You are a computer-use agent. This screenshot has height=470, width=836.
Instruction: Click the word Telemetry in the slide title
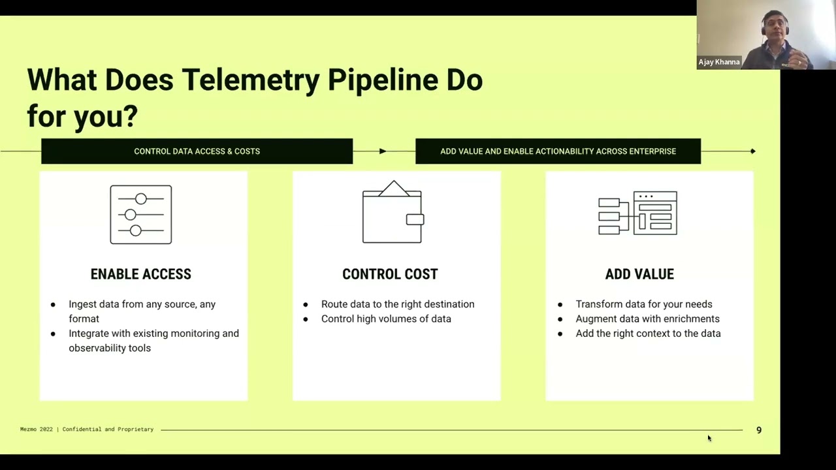(x=250, y=81)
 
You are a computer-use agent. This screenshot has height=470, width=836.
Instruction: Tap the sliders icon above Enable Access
(x=141, y=215)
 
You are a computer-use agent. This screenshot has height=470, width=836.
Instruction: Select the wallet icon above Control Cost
(x=393, y=212)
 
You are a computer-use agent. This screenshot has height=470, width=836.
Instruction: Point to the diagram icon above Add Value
(x=638, y=213)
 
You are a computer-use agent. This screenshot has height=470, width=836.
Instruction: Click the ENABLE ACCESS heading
(x=141, y=274)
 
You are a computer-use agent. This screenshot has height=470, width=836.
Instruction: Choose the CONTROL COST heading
(x=390, y=274)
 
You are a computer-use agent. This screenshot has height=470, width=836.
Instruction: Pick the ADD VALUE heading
(x=639, y=274)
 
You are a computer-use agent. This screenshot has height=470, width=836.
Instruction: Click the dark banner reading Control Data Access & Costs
(x=197, y=151)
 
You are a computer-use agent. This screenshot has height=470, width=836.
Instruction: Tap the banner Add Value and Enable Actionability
(x=558, y=151)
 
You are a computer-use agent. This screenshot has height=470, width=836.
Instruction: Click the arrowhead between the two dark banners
(x=383, y=151)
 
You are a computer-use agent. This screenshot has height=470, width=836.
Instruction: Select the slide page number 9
(x=759, y=430)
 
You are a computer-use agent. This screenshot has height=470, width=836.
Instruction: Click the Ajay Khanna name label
(x=719, y=62)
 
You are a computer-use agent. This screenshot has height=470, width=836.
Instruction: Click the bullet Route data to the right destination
(x=397, y=304)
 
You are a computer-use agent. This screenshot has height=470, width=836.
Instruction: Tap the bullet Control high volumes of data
(x=385, y=319)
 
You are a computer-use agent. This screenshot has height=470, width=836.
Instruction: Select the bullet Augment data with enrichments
(x=647, y=319)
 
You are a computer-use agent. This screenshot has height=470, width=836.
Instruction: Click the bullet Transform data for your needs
(x=643, y=304)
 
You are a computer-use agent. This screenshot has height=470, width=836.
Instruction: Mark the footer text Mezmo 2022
(x=37, y=430)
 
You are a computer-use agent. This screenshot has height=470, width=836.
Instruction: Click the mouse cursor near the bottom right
(x=709, y=438)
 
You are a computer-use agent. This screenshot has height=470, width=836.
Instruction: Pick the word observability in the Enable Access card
(x=101, y=348)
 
